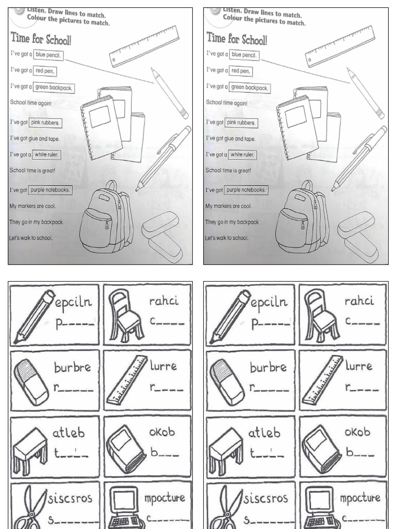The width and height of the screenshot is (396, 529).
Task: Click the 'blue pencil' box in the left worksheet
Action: pyautogui.click(x=49, y=55)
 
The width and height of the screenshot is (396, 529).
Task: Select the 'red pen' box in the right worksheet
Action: pyautogui.click(x=242, y=71)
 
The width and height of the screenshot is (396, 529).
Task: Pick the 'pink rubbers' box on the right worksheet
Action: pyautogui.click(x=241, y=122)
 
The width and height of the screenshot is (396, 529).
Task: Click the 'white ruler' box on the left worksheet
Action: pyautogui.click(x=47, y=154)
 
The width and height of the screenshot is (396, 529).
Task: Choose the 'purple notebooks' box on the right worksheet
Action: pyautogui.click(x=246, y=190)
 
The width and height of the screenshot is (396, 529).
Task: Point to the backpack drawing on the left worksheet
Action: pyautogui.click(x=106, y=216)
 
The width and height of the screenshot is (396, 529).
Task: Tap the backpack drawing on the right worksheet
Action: pyautogui.click(x=302, y=216)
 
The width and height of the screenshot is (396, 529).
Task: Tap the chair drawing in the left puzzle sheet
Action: pyautogui.click(x=124, y=315)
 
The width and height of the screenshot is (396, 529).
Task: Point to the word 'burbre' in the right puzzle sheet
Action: pyautogui.click(x=268, y=368)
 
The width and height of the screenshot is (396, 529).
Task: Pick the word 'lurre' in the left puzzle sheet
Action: pyautogui.click(x=163, y=366)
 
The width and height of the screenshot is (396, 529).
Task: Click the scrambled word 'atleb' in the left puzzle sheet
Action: pyautogui.click(x=68, y=433)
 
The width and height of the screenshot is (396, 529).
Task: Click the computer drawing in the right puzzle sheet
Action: pyautogui.click(x=320, y=509)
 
